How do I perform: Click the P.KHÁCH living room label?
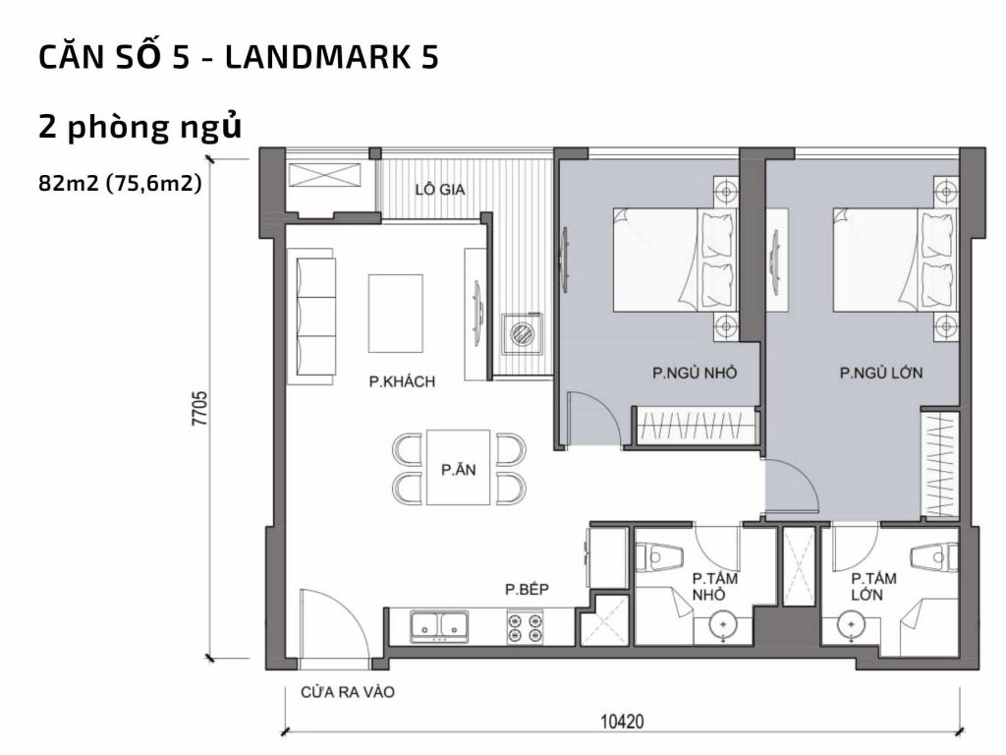tap(402, 381)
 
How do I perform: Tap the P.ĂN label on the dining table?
tap(458, 469)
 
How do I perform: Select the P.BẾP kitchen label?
tap(526, 590)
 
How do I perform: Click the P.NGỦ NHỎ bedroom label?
tap(694, 374)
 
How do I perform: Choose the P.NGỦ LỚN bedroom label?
tap(880, 374)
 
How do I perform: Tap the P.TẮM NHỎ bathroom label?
tap(714, 587)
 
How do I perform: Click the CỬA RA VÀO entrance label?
tap(348, 692)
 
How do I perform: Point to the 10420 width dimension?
tap(621, 723)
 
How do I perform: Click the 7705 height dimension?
tap(199, 408)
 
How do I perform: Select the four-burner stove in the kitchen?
tap(526, 627)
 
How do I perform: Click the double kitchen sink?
tap(439, 625)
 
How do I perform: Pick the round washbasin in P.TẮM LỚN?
tap(848, 624)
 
